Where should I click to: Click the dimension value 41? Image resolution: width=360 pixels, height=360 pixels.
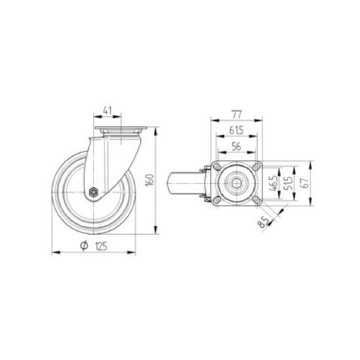click(x=107, y=111)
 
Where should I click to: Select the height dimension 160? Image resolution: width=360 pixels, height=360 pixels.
click(x=150, y=180)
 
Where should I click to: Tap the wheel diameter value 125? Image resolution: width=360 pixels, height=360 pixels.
click(x=101, y=246)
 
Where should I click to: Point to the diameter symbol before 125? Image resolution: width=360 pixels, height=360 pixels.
click(x=84, y=245)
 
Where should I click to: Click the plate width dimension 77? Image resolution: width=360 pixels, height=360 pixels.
click(x=237, y=115)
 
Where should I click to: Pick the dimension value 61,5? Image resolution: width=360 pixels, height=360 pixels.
click(x=236, y=130)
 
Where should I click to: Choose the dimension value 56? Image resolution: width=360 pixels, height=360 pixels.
click(x=236, y=147)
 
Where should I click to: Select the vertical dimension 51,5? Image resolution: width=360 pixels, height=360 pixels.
click(x=288, y=184)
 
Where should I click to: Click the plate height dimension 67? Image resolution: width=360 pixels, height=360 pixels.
click(x=306, y=184)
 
